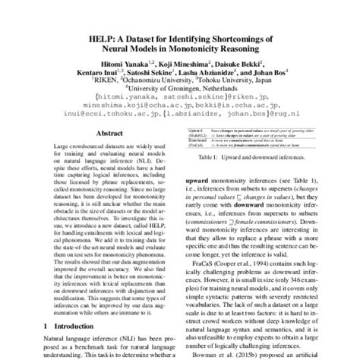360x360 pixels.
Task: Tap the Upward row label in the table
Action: coord(195,131)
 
